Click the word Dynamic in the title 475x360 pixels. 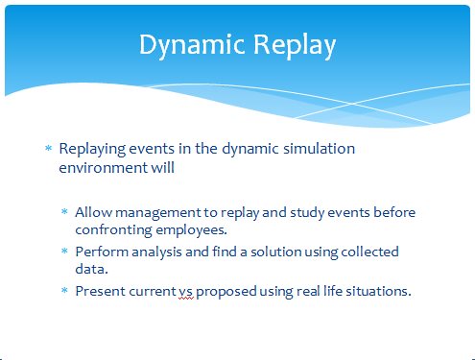click(x=192, y=46)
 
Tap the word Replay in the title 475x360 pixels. click(x=295, y=46)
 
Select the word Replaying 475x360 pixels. click(x=92, y=150)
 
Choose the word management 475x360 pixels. click(x=158, y=213)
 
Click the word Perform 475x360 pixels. click(x=102, y=252)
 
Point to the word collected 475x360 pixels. click(x=369, y=252)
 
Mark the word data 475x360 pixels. click(x=91, y=269)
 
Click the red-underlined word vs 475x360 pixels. click(x=186, y=292)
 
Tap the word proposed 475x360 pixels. click(x=226, y=292)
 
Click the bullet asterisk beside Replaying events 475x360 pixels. click(x=49, y=148)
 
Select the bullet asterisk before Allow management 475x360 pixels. click(x=64, y=211)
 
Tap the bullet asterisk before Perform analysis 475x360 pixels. click(x=64, y=251)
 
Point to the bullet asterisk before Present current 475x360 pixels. click(x=64, y=290)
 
